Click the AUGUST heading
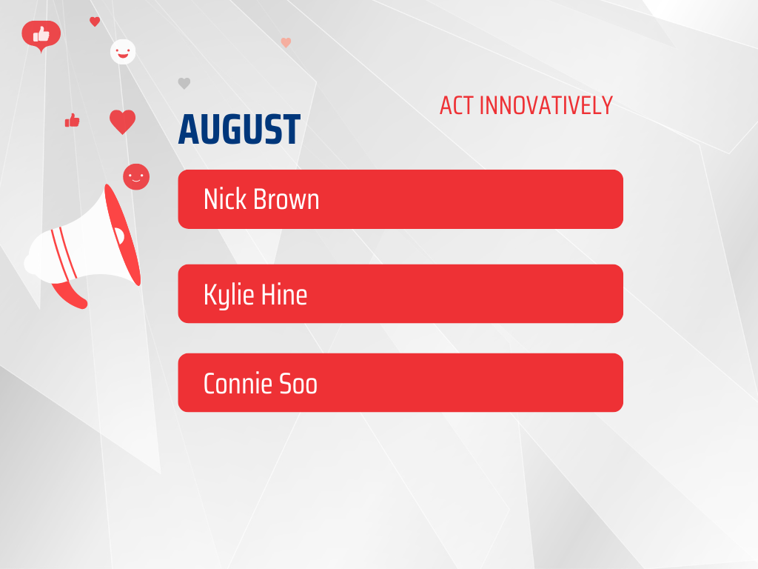click(239, 129)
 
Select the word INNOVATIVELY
click(546, 105)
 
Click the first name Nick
click(225, 199)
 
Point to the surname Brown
click(286, 199)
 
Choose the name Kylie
click(229, 295)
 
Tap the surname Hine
click(284, 294)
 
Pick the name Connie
click(238, 384)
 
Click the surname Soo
click(298, 384)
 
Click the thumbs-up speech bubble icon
click(41, 36)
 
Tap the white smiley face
click(123, 52)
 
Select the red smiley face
click(136, 176)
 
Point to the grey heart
click(184, 83)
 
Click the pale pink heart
click(286, 42)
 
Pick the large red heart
click(122, 122)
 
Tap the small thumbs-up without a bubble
click(72, 120)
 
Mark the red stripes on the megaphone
click(64, 253)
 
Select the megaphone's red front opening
click(123, 235)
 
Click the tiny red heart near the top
click(95, 21)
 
